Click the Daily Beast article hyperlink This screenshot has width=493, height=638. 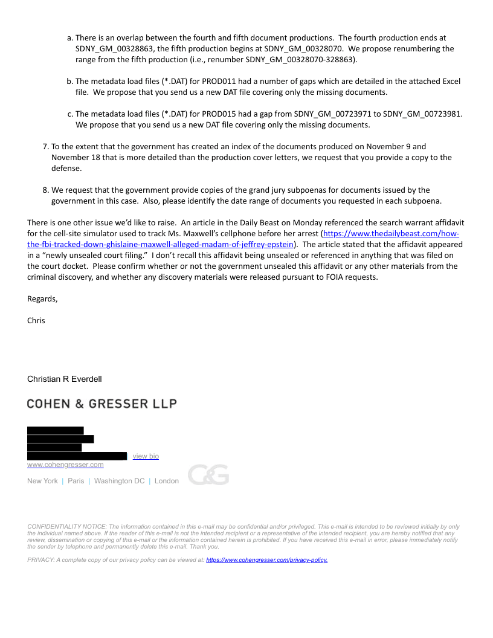click(387, 234)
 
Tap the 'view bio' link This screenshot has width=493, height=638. click(146, 456)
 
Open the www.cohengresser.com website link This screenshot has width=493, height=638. click(65, 465)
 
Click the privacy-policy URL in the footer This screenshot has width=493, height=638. click(266, 560)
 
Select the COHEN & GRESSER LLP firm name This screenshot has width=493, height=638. click(101, 403)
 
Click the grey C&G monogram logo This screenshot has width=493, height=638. click(208, 475)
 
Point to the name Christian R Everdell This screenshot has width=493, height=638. click(65, 379)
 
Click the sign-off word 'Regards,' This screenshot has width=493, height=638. click(42, 298)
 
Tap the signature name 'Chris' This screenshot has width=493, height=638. click(36, 320)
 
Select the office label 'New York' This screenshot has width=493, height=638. click(42, 481)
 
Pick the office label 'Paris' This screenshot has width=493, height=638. click(76, 481)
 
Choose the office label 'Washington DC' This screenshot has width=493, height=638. click(119, 481)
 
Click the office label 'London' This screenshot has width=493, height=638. click(167, 481)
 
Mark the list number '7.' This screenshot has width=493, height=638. click(45, 147)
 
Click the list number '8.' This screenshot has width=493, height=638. click(45, 190)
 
